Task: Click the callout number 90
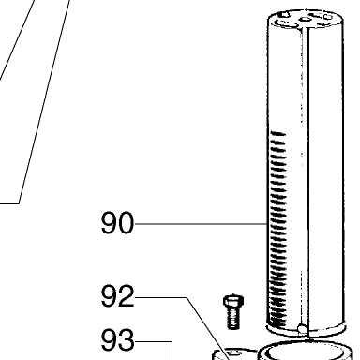pyautogui.click(x=117, y=223)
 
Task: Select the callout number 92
pyautogui.click(x=117, y=295)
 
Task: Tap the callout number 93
pyautogui.click(x=117, y=339)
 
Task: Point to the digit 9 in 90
pyautogui.click(x=109, y=223)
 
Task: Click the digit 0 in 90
pyautogui.click(x=127, y=223)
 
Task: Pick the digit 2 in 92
pyautogui.click(x=127, y=295)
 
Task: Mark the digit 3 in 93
pyautogui.click(x=127, y=339)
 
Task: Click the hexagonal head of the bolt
pyautogui.click(x=233, y=301)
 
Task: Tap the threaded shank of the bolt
pyautogui.click(x=233, y=318)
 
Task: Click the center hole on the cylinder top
pyautogui.click(x=305, y=20)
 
